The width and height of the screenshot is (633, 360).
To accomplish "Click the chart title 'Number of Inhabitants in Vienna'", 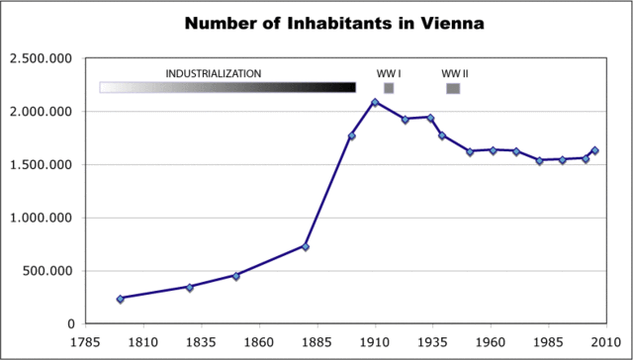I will (316, 23).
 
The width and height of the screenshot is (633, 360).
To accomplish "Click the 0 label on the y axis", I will (70, 323).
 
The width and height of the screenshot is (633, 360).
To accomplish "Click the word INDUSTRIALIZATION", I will (213, 74).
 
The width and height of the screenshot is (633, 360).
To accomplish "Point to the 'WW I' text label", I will (389, 74).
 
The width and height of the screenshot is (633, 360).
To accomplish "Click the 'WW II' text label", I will (455, 74).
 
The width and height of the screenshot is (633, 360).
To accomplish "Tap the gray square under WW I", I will (389, 88).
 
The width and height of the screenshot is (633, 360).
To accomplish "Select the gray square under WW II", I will (453, 88).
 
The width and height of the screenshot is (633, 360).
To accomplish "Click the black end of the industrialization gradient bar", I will (346, 88).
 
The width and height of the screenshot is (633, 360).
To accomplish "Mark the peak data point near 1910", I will (375, 103).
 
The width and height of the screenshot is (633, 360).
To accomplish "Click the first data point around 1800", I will (121, 299).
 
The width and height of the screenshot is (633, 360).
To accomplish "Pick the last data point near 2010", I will (594, 151).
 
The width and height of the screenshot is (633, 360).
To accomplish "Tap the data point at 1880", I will (306, 246).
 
